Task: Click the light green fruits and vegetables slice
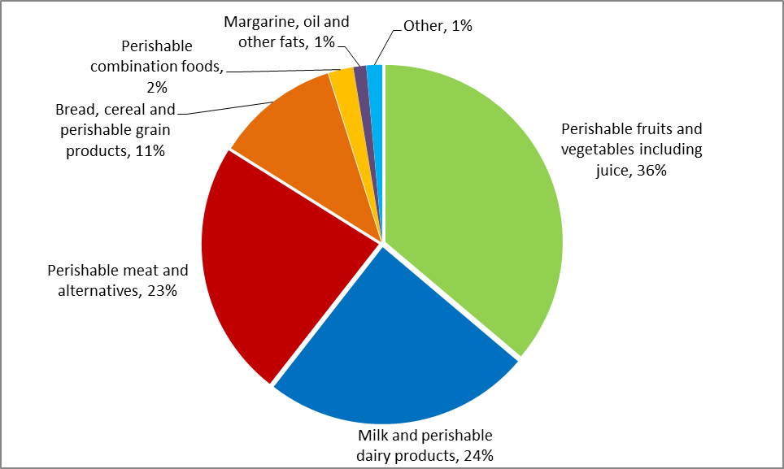[x=472, y=211]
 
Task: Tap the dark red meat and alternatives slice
[x=268, y=268]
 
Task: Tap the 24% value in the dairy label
[x=478, y=455]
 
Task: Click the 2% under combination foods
[x=157, y=87]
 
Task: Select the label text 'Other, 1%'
[x=438, y=26]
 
